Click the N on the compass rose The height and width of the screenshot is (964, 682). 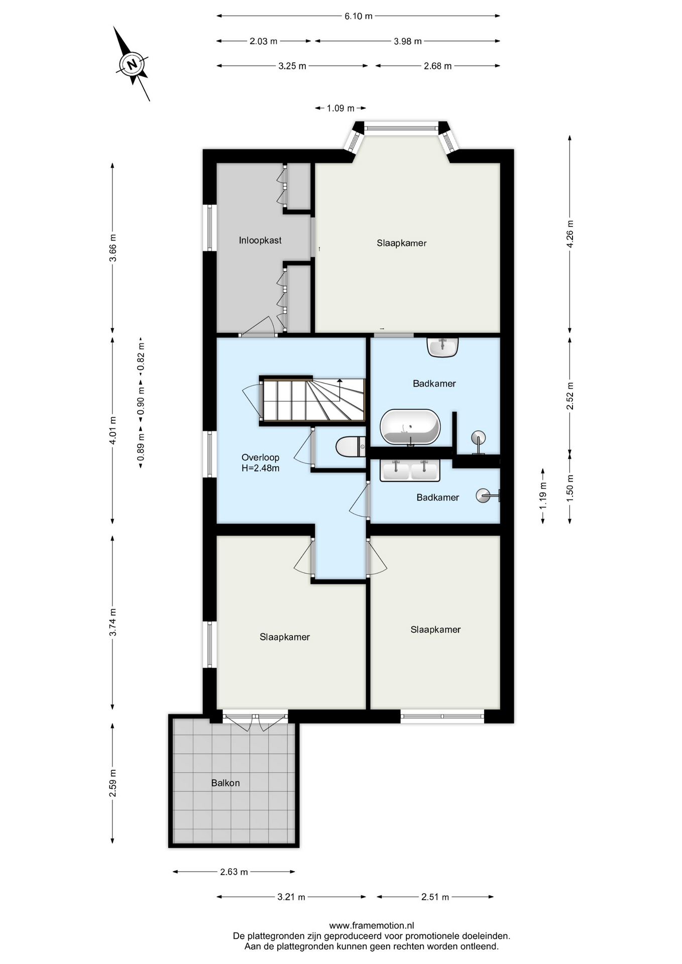132,64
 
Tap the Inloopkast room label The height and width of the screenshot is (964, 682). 260,240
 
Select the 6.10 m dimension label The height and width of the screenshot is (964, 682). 359,16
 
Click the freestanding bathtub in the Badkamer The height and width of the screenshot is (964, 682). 410,427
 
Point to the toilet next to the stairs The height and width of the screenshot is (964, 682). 351,447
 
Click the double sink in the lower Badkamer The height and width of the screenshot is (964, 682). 410,470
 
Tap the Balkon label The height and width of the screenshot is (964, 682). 225,783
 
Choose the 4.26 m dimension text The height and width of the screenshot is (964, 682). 570,234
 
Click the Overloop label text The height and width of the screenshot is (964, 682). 260,457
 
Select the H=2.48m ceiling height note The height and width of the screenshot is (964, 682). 261,468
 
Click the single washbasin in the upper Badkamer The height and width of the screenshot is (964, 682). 442,347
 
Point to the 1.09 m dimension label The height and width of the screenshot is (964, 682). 340,108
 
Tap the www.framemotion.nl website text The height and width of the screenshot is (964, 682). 372,925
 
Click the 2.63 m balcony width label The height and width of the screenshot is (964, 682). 234,872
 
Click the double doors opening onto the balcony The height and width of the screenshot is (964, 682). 255,721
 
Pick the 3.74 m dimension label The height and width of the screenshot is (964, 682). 113,622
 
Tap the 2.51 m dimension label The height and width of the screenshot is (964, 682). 435,897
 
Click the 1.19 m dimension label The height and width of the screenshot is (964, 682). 543,496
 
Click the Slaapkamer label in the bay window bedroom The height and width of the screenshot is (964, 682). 402,243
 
